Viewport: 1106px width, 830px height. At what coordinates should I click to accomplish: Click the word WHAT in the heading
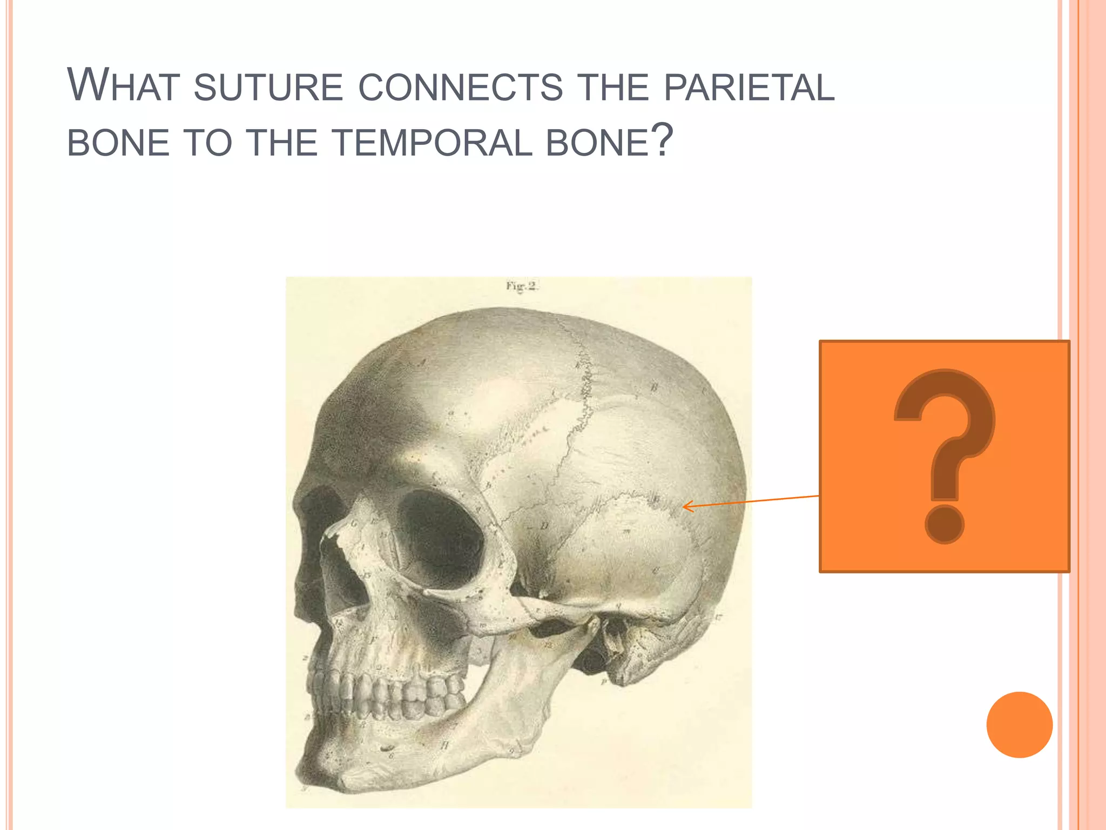(x=123, y=86)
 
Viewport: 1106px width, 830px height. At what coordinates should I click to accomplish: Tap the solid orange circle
(x=1019, y=725)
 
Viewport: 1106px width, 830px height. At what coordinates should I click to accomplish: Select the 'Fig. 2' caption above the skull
(x=521, y=286)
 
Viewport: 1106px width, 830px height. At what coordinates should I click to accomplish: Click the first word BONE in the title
(x=118, y=143)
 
